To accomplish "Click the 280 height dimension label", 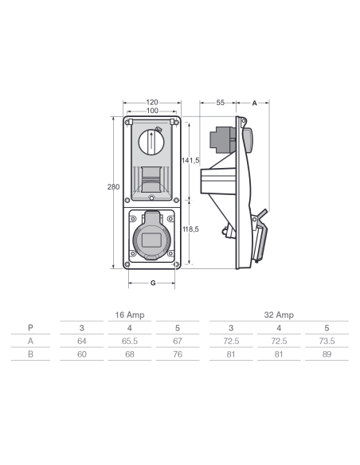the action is click(x=113, y=187).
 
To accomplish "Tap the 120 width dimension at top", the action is click(x=152, y=102).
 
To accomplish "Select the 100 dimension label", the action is click(x=152, y=111).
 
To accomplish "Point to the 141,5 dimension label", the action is click(x=190, y=160).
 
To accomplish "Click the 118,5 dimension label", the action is click(x=190, y=229).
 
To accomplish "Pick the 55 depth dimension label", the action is click(x=220, y=103).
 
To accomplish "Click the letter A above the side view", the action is click(x=254, y=104).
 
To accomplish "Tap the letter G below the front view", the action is click(x=153, y=283).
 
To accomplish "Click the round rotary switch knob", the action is click(x=151, y=142).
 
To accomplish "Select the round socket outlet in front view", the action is click(x=152, y=239).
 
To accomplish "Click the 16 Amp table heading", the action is click(x=130, y=315).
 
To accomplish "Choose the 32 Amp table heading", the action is click(x=279, y=315).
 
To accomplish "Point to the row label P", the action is click(x=30, y=328).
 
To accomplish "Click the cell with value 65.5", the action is click(x=130, y=341).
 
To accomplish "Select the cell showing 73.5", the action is click(x=327, y=341).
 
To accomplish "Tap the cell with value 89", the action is click(x=327, y=354).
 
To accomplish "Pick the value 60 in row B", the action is click(x=82, y=354).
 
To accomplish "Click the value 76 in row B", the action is click(x=178, y=354).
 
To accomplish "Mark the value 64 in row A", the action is click(x=82, y=341).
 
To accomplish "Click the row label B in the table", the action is click(x=30, y=354).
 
